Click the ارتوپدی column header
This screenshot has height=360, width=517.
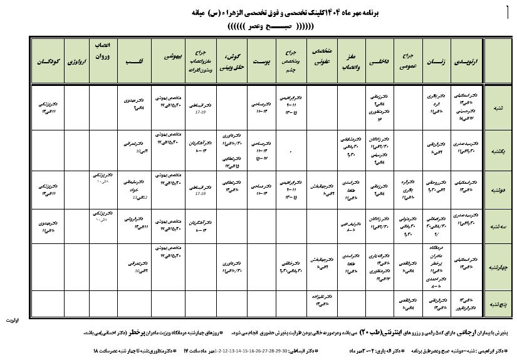(x=464, y=62)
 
